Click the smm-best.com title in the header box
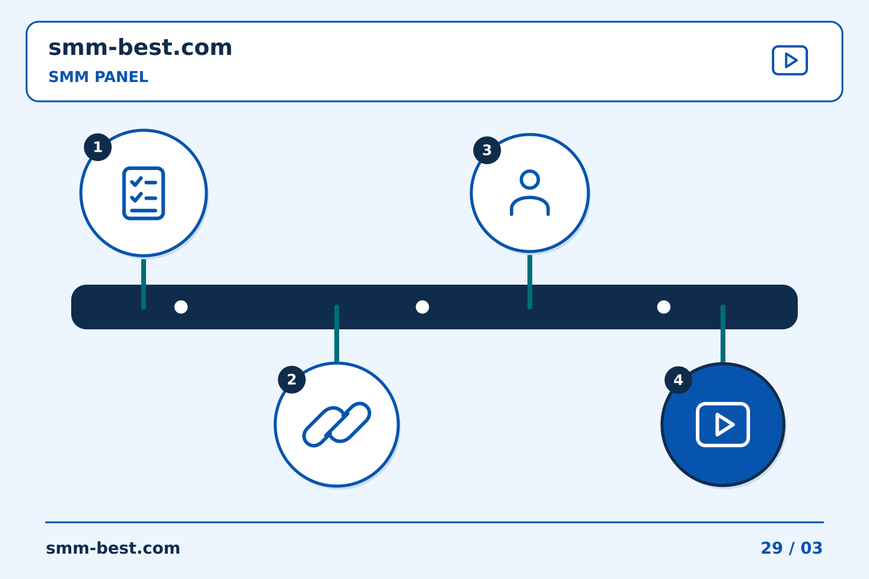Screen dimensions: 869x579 [x=140, y=48]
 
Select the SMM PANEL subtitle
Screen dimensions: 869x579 [x=98, y=77]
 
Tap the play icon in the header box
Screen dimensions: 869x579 [x=789, y=60]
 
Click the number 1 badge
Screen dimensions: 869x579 [x=98, y=147]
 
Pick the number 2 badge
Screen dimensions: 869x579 [x=291, y=379]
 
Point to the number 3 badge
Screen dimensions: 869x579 [x=487, y=150]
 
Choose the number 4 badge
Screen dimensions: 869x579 [x=678, y=380]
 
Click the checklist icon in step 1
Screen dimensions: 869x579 [x=144, y=193]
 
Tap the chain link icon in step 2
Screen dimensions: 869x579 [x=337, y=424]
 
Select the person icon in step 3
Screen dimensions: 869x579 [x=530, y=193]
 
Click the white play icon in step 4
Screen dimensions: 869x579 [x=723, y=425]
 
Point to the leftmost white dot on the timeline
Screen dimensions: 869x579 [x=181, y=307]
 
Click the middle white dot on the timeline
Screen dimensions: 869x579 [x=422, y=307]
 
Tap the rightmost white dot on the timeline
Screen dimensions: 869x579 [x=664, y=307]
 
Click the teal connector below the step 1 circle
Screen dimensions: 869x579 [x=144, y=284]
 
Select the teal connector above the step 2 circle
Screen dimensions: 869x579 [x=337, y=334]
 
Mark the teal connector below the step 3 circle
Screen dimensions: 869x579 [x=530, y=282]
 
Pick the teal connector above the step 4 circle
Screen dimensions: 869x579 [x=723, y=334]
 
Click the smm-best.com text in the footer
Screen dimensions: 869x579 [x=113, y=548]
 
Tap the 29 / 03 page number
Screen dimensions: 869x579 [x=791, y=548]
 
